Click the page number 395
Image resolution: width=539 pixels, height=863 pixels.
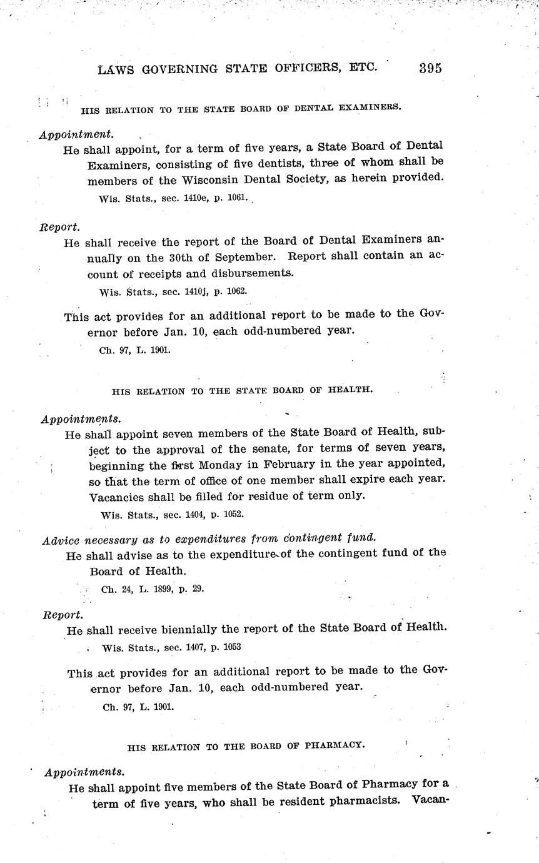point(430,68)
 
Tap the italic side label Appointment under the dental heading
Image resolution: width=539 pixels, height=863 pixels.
point(76,134)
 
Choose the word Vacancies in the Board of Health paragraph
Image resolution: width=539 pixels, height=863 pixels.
point(118,496)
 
